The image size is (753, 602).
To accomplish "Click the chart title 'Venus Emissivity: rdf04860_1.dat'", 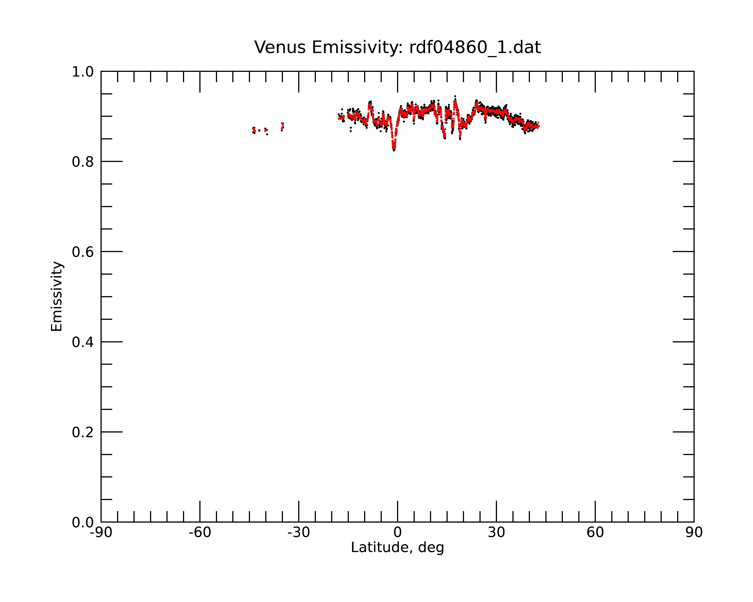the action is (397, 47).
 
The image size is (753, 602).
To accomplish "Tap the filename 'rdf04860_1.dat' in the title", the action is (475, 47).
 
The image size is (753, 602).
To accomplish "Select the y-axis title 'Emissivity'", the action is (57, 296).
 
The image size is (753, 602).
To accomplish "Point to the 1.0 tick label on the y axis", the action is (83, 72).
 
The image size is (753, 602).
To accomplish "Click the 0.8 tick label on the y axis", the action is (83, 162).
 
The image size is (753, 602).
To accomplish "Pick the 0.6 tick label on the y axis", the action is (83, 252).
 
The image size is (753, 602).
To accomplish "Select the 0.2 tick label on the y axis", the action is (83, 432).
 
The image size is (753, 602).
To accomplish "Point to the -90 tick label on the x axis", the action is (101, 533).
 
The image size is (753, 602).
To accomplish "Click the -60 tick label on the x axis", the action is (200, 533).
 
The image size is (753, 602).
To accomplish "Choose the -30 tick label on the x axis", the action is (299, 533).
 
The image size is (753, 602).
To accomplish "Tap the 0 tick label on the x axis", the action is (397, 533).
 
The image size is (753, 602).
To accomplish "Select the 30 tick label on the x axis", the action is (496, 533).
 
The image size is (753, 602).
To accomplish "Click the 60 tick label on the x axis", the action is (595, 533).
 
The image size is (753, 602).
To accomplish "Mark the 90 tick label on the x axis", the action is (694, 533).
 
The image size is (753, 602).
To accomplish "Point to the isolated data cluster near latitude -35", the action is (282, 126).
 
